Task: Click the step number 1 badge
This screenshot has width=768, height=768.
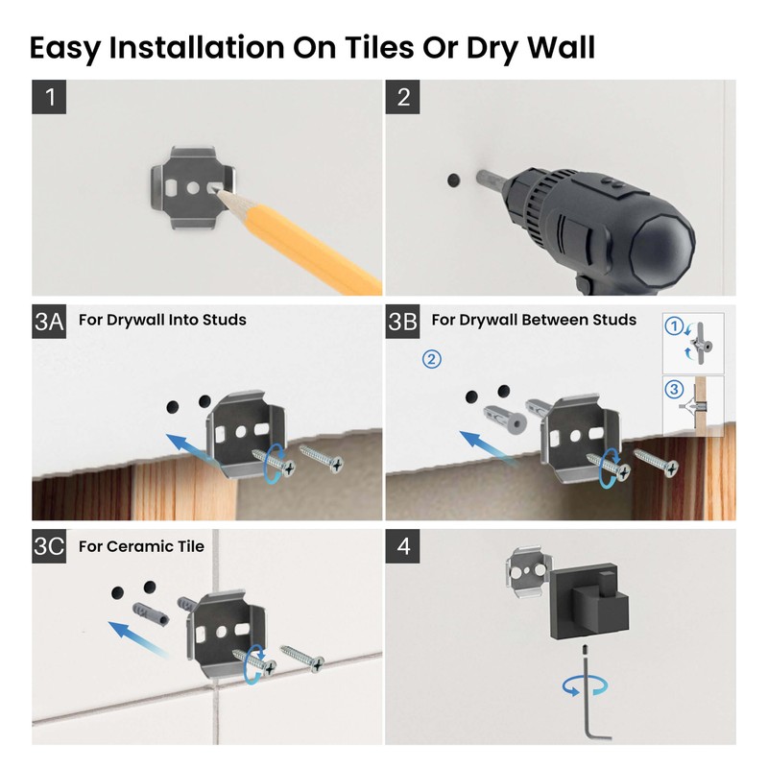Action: [x=49, y=97]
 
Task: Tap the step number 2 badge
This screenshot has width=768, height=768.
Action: [x=403, y=97]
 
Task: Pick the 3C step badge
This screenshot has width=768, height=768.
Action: [x=49, y=546]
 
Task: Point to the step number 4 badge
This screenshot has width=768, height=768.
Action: [x=403, y=546]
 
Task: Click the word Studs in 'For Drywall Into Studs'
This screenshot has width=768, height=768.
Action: [x=221, y=320]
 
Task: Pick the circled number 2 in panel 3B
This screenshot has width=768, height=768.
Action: [x=432, y=360]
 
